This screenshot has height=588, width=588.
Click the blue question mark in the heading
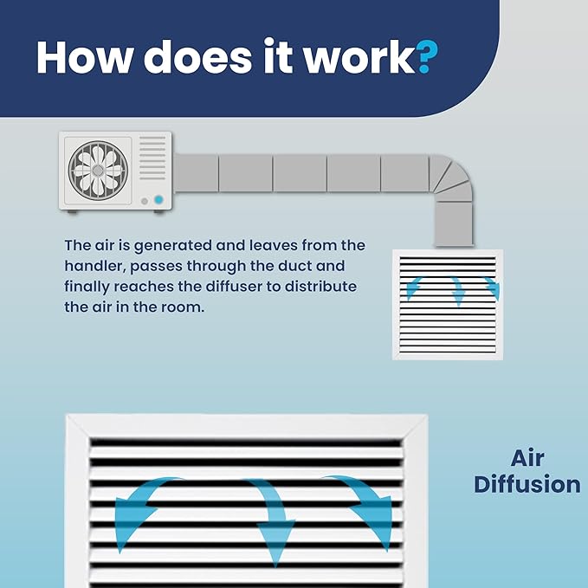pyautogui.click(x=427, y=57)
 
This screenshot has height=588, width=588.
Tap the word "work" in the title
pyautogui.click(x=359, y=56)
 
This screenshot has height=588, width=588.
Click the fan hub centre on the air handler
pyautogui.click(x=98, y=171)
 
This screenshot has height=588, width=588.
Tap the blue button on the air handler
pyautogui.click(x=158, y=200)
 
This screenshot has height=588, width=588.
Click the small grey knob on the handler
pyautogui.click(x=145, y=202)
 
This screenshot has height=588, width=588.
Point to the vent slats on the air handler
pyautogui.click(x=152, y=158)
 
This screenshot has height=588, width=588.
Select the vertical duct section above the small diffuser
pyautogui.click(x=454, y=224)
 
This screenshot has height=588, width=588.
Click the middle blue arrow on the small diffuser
pyautogui.click(x=457, y=291)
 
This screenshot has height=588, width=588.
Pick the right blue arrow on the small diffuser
pyautogui.click(x=493, y=288)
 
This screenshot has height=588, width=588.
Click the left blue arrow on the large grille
pyautogui.click(x=139, y=507)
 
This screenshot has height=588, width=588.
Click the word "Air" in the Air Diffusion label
pyautogui.click(x=527, y=458)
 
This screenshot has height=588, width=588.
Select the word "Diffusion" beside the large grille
pyautogui.click(x=527, y=484)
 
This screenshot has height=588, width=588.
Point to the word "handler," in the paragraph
pyautogui.click(x=95, y=266)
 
